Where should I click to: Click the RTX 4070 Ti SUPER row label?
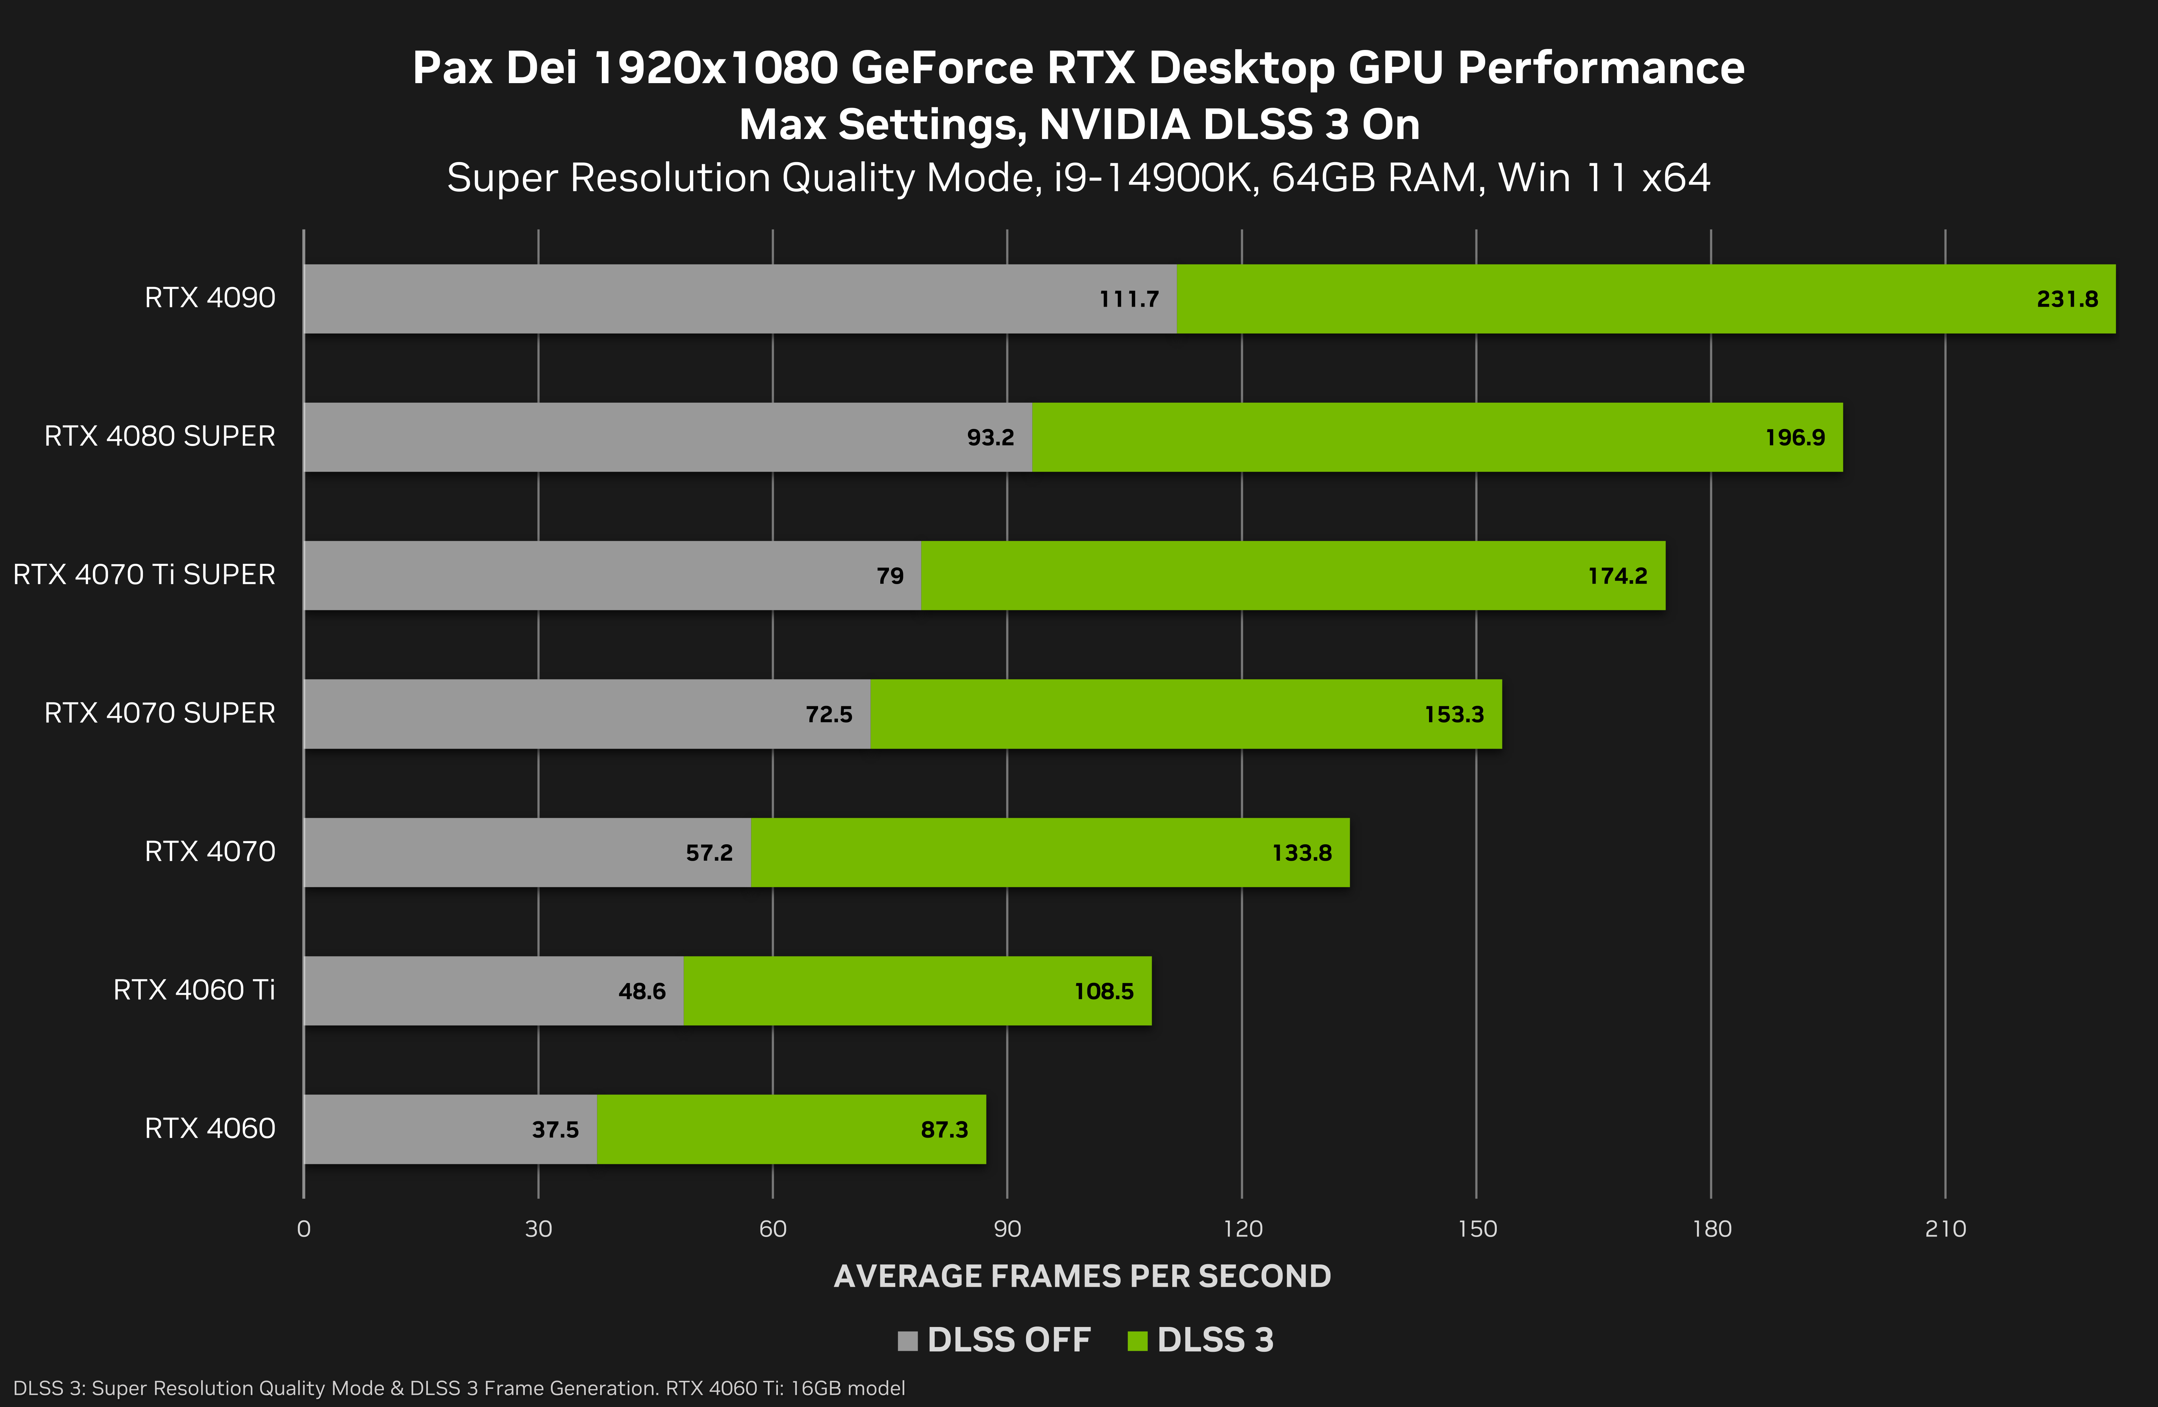tap(144, 575)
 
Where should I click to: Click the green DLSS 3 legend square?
tap(1137, 1341)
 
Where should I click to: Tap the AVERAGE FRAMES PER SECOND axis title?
tap(1082, 1276)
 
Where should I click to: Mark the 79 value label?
tap(889, 576)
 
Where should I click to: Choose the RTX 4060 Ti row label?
tap(194, 990)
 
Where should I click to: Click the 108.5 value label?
tap(1103, 991)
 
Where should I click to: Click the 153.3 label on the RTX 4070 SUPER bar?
tap(1453, 714)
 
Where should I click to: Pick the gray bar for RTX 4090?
tap(689, 299)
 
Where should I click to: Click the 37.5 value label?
tap(555, 1130)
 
